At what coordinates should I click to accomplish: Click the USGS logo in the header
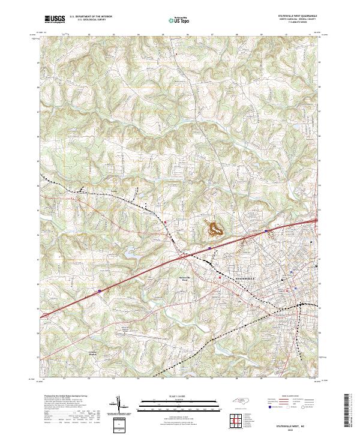(x=54, y=19)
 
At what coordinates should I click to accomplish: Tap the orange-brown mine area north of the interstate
(x=213, y=227)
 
